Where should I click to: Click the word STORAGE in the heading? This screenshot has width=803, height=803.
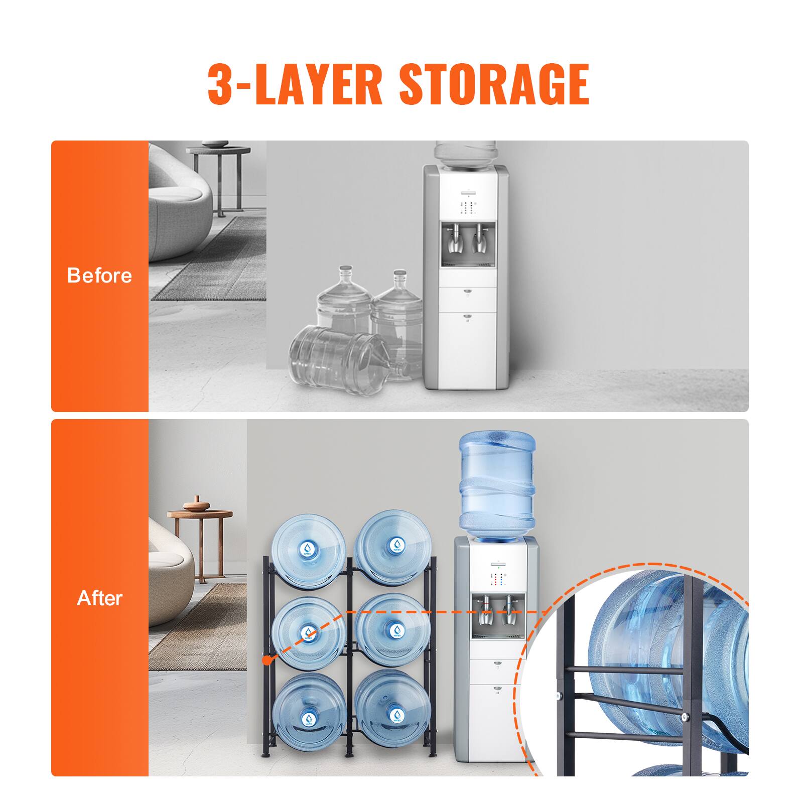[494, 84]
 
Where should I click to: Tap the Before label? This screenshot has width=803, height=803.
[99, 276]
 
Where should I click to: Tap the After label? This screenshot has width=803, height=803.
[99, 598]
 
